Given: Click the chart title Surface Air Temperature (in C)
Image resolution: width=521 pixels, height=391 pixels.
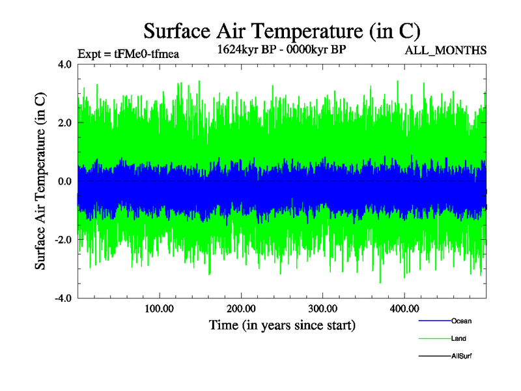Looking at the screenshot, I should pos(282,31).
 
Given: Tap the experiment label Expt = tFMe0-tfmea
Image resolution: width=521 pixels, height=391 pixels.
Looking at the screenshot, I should pos(128,54).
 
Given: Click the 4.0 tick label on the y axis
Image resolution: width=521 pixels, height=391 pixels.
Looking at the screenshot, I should pos(64,65).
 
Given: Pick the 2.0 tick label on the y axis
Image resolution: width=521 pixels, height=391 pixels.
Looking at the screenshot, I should pos(64,123).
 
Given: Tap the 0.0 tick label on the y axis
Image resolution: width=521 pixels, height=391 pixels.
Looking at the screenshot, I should pos(64,181).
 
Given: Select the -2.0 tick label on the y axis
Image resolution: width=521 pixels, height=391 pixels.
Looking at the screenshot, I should pos(63,240).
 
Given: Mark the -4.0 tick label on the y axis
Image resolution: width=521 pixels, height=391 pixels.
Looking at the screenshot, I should pos(63,298).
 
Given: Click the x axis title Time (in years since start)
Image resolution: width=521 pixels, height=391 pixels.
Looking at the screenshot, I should pos(282,324).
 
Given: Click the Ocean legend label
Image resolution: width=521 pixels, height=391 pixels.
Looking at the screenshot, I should pos(461,321).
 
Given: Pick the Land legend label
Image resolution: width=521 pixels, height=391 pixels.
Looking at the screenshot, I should pos(458,339).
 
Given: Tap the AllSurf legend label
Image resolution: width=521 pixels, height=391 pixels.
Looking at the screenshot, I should pos(462,356).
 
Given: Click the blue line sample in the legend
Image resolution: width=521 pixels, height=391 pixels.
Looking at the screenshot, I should pos(434,321).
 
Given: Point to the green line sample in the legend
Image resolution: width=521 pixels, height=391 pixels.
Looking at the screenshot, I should pos(434,339).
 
